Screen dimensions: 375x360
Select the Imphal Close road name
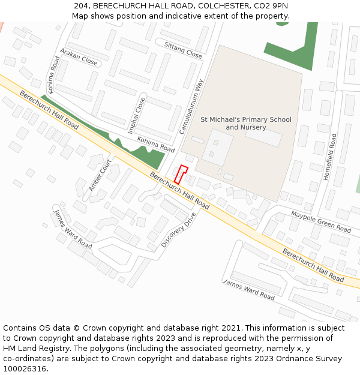(136, 115)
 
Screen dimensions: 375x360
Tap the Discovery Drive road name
(179, 229)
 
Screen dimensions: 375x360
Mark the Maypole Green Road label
(321, 222)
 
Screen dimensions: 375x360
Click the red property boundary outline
(181, 174)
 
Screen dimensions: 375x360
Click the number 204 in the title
(82, 5)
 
